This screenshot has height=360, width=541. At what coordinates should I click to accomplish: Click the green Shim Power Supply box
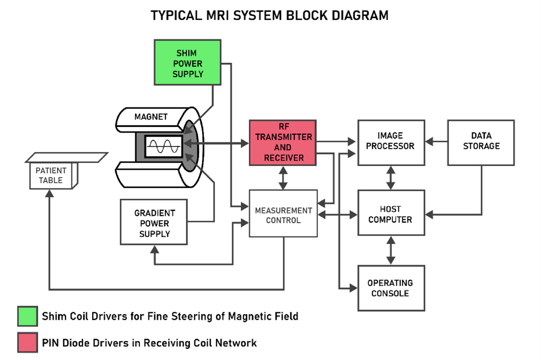(187, 62)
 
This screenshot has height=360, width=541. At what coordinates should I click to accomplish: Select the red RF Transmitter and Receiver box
(283, 143)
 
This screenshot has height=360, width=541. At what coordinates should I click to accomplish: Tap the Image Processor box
(391, 142)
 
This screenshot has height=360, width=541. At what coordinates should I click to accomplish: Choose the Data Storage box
(481, 142)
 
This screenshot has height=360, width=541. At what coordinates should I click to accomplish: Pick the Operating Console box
(391, 288)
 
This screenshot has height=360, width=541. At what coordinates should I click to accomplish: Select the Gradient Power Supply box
(154, 222)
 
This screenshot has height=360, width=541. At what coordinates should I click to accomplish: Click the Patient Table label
(51, 175)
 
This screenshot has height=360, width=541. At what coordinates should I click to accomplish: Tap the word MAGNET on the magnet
(150, 117)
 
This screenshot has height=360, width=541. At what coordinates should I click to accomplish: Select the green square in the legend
(27, 316)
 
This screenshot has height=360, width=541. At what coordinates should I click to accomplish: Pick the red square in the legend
(27, 343)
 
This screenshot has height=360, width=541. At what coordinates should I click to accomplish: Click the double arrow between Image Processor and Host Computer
(391, 177)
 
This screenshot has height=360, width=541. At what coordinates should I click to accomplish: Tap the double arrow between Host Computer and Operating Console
(391, 250)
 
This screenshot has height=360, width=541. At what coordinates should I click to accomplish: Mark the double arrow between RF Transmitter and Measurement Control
(283, 177)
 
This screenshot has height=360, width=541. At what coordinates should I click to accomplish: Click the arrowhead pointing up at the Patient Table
(50, 193)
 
